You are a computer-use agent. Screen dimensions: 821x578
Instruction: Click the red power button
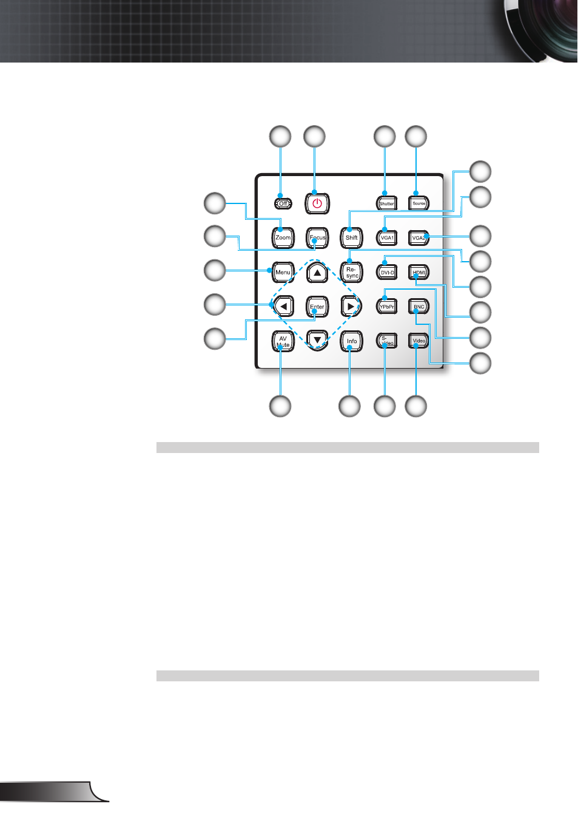(317, 203)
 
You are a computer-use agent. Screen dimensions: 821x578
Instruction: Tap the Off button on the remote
(283, 203)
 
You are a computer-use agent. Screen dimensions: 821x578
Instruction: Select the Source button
(418, 203)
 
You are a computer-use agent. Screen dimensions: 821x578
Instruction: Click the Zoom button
(283, 237)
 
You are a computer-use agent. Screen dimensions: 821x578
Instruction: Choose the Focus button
(317, 237)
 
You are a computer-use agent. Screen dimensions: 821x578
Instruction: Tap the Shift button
(352, 237)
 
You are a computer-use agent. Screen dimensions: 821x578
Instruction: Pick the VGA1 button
(387, 237)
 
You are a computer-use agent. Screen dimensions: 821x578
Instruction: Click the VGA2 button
(418, 237)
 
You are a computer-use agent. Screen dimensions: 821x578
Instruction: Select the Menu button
(283, 272)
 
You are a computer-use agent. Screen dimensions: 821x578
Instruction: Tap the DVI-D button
(387, 272)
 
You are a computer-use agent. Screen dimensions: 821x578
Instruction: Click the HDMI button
(418, 272)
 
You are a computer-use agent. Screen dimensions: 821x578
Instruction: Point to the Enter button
(317, 307)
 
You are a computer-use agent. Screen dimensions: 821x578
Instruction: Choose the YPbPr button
(387, 307)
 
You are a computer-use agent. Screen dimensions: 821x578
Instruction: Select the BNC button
(418, 307)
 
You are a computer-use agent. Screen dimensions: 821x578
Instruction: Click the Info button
(352, 341)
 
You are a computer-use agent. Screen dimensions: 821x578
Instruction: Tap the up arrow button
(317, 272)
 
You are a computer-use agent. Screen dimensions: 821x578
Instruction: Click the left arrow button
(283, 307)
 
